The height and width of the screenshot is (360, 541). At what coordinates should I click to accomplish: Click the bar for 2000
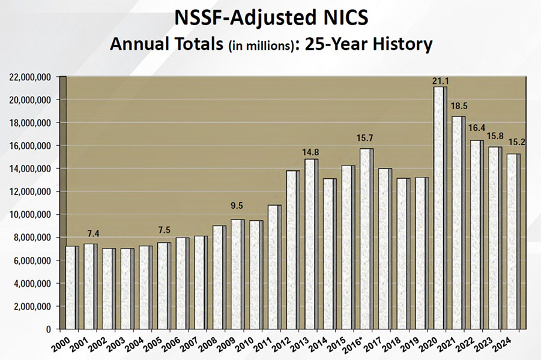coord(70,287)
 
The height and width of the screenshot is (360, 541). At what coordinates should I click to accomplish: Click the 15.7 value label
coord(365,139)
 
